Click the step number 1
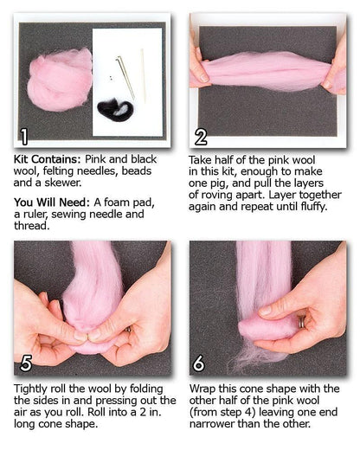[24, 137]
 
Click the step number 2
[201, 137]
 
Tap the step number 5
[26, 363]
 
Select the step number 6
[198, 363]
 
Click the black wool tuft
[115, 108]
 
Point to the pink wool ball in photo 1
[60, 80]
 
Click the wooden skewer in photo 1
[143, 75]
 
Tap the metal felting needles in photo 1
[125, 77]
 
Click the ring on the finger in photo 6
[301, 322]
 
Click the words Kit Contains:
[48, 159]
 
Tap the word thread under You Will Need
[32, 226]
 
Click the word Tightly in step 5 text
[30, 389]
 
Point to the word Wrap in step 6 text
[202, 389]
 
